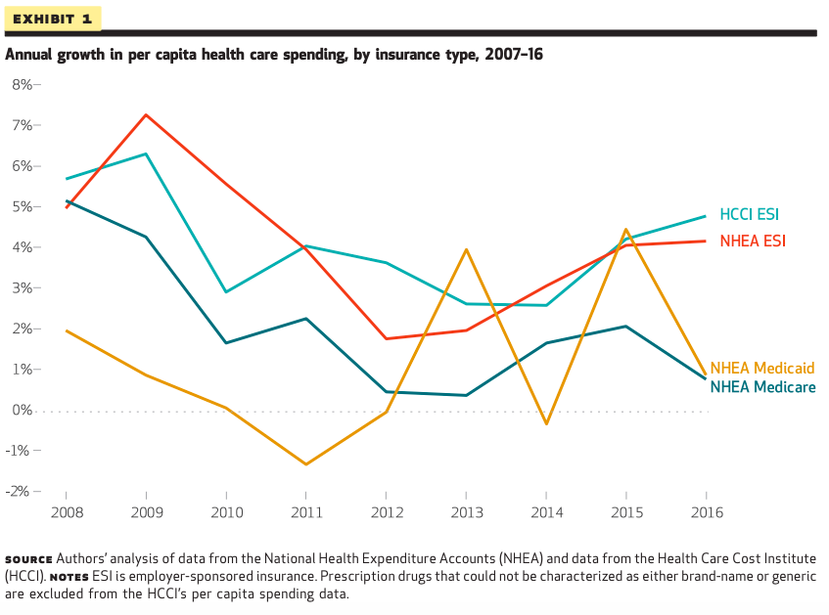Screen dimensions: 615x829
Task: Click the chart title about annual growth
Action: pos(274,54)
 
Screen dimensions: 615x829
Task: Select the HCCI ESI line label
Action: pos(749,214)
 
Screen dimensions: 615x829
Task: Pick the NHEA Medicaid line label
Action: pos(761,369)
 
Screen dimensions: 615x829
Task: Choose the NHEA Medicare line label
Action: pos(761,387)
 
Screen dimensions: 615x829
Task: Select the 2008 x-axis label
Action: pos(66,511)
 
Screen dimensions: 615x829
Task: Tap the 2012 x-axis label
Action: pos(387,511)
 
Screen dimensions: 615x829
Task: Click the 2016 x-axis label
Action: pos(707,511)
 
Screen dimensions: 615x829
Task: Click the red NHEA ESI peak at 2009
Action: pos(146,114)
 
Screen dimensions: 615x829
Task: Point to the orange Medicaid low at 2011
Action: pos(306,464)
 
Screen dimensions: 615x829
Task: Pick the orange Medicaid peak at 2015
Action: pos(625,230)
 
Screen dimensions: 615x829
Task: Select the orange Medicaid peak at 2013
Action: pos(467,249)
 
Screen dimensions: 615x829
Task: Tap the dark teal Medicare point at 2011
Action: pos(306,319)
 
